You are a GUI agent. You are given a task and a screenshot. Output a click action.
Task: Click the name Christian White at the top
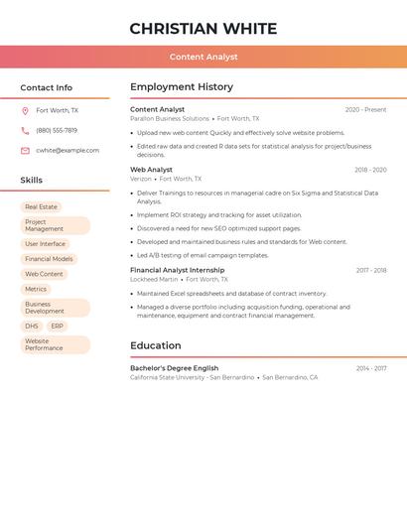pyautogui.click(x=203, y=29)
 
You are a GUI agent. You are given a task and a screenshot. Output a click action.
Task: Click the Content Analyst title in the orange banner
pyautogui.click(x=203, y=57)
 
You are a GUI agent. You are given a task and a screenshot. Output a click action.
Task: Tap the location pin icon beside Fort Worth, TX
pyautogui.click(x=25, y=111)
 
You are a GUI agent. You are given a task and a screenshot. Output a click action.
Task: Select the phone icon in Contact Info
pyautogui.click(x=25, y=130)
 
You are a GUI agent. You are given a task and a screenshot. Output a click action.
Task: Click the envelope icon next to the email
pyautogui.click(x=25, y=151)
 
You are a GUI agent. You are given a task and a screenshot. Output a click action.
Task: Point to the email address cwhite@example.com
pyautogui.click(x=68, y=151)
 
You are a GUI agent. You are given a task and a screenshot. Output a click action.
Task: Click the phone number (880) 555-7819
pyautogui.click(x=57, y=130)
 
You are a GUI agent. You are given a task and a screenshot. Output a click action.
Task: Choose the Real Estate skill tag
pyautogui.click(x=42, y=206)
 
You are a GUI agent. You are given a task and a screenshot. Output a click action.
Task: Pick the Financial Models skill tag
pyautogui.click(x=49, y=259)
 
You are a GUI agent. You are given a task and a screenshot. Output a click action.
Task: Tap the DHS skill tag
pyautogui.click(x=32, y=326)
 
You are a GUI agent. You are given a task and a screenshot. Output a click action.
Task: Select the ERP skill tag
pyautogui.click(x=57, y=326)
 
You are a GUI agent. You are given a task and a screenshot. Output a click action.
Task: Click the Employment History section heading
pyautogui.click(x=182, y=87)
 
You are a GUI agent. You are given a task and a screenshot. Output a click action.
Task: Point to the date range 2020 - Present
pyautogui.click(x=365, y=110)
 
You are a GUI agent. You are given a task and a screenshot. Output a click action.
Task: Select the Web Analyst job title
pyautogui.click(x=151, y=170)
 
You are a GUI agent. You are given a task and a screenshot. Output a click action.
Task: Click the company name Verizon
pyautogui.click(x=141, y=180)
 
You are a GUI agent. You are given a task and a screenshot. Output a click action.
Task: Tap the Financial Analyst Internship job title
pyautogui.click(x=177, y=270)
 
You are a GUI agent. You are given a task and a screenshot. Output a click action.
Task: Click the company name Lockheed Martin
pyautogui.click(x=154, y=280)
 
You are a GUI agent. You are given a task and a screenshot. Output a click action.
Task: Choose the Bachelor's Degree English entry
pyautogui.click(x=174, y=368)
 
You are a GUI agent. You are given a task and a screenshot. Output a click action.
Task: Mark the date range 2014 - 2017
pyautogui.click(x=371, y=368)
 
